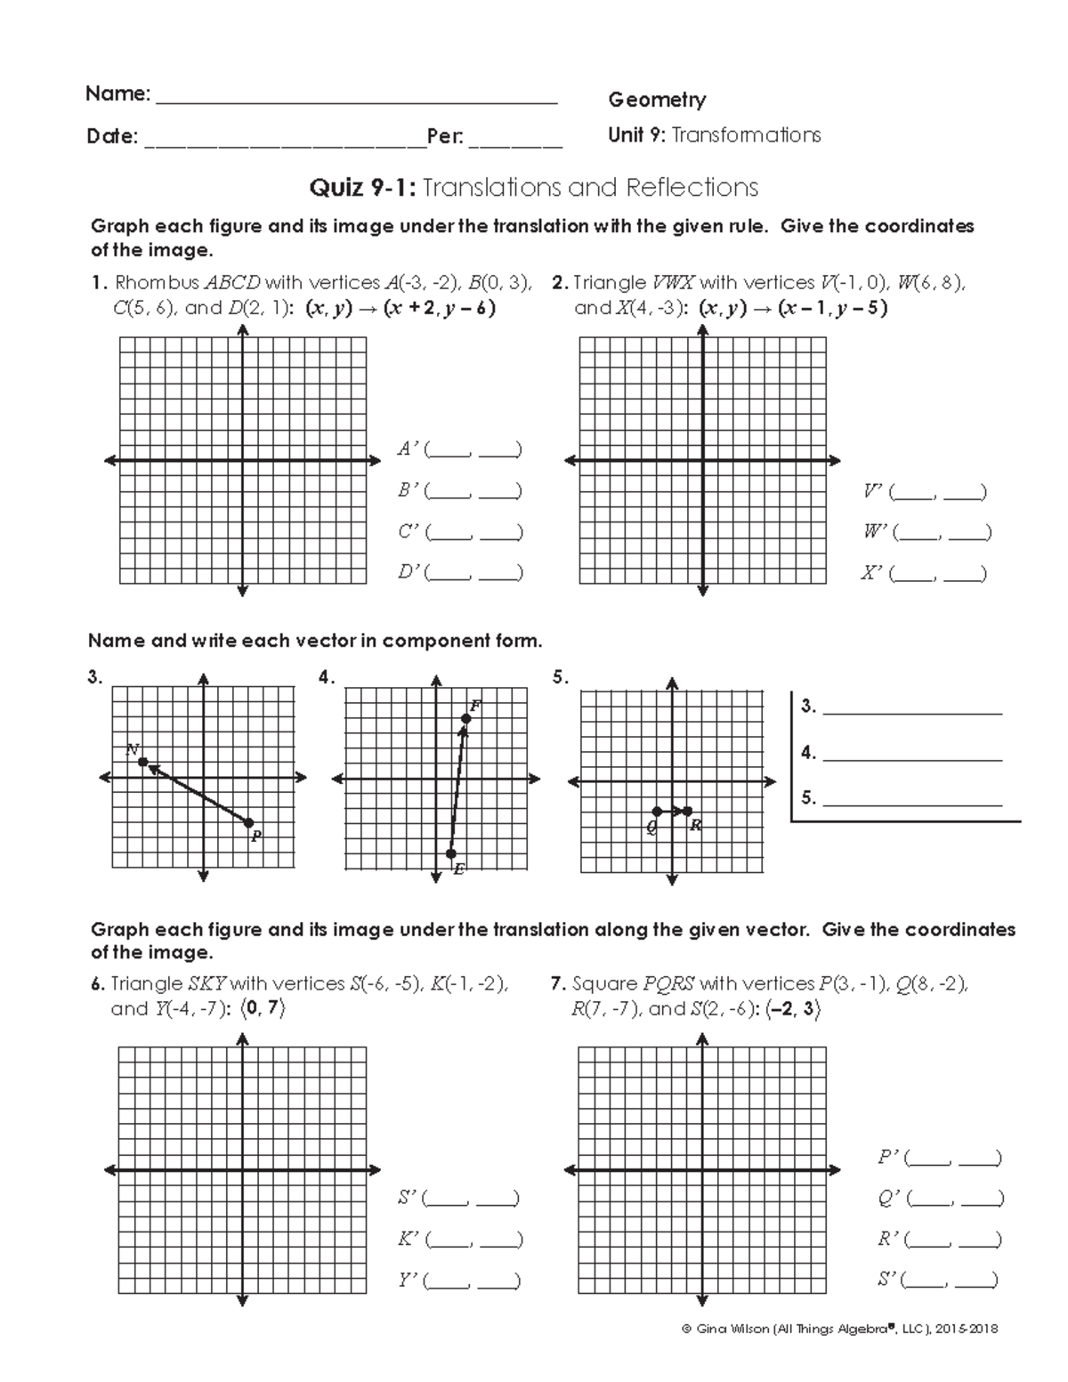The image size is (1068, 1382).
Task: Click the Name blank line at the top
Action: [356, 101]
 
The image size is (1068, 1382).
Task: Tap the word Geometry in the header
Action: [657, 100]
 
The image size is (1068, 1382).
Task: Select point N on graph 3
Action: [142, 763]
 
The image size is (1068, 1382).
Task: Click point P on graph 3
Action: [249, 823]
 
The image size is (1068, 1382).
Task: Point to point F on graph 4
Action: [465, 718]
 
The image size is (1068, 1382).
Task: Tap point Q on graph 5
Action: [657, 812]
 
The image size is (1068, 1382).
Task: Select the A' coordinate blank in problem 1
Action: [473, 449]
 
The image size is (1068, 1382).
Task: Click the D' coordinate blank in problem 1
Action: [473, 573]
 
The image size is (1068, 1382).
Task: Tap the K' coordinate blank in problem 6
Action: [473, 1239]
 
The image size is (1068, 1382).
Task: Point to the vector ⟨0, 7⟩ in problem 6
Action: [264, 1009]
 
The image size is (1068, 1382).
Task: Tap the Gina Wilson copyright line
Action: [838, 1329]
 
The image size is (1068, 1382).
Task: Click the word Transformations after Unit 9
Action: [746, 135]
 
